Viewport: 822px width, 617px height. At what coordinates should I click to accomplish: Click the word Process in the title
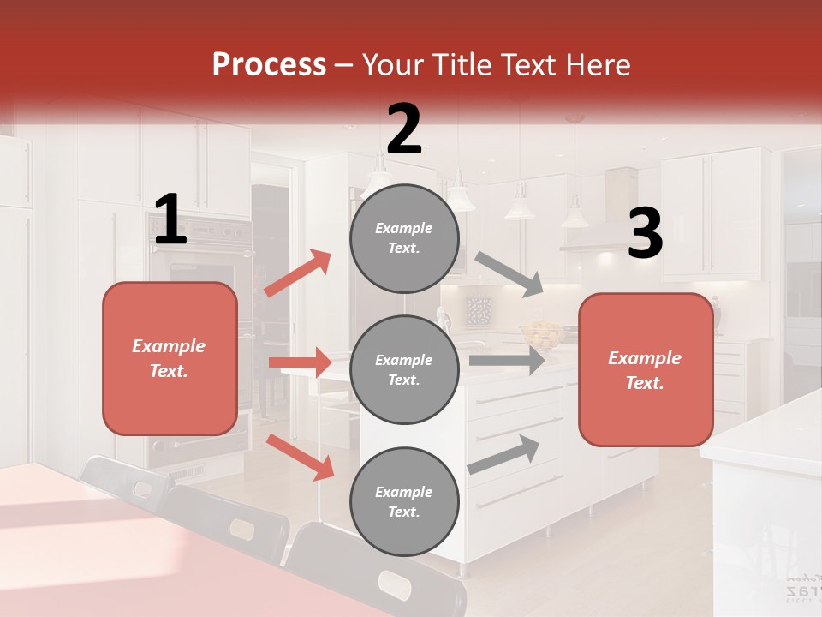(x=269, y=65)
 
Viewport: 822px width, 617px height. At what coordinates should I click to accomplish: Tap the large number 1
(x=170, y=220)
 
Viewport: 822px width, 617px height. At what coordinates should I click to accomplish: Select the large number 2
(x=404, y=129)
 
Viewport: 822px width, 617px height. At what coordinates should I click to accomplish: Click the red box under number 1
(x=170, y=358)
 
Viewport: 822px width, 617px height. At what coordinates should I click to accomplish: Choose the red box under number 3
(x=646, y=370)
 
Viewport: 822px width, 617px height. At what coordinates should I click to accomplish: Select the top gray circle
(x=404, y=238)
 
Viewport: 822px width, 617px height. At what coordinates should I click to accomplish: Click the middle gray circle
(x=404, y=369)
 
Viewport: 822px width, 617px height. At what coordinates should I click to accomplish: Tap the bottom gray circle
(x=404, y=501)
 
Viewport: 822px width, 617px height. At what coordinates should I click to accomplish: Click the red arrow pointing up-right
(x=298, y=273)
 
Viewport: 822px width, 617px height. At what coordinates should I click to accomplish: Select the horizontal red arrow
(x=300, y=362)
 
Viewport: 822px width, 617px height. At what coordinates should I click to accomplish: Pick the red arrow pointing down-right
(x=300, y=456)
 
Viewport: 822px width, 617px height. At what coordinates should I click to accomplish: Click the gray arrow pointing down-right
(x=509, y=274)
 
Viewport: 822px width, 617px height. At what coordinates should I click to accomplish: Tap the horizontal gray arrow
(x=506, y=361)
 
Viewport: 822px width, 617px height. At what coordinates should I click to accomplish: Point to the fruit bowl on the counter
(x=540, y=333)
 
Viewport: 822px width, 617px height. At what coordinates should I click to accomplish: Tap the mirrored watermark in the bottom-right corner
(x=802, y=588)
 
